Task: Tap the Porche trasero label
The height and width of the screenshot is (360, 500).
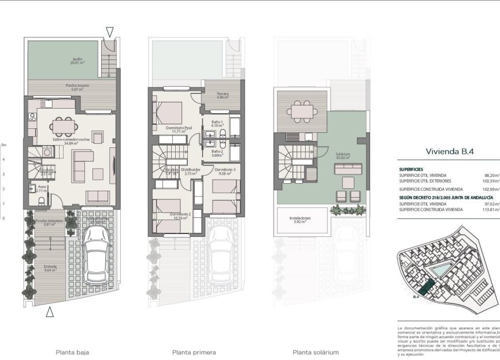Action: coord(76,87)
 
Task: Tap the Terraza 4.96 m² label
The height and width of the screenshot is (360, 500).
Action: coord(223,96)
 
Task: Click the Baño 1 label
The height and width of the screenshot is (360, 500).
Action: coord(217,124)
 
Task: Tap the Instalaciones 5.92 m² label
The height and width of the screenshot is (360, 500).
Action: coord(300,220)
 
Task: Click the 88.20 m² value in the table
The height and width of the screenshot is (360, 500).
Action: coord(491,175)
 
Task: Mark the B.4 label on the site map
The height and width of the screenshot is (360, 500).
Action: coord(417,297)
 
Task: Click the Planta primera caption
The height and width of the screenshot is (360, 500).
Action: coord(194,352)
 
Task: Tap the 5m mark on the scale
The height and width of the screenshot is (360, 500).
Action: coord(3,145)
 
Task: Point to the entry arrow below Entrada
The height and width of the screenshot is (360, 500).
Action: coord(50,313)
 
